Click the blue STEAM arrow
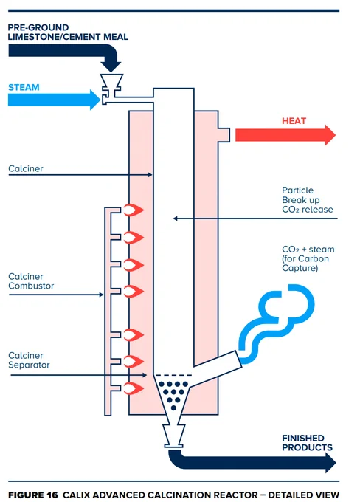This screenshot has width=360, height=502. point(54,100)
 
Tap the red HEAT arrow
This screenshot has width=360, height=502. point(285,135)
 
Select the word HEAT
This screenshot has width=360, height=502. point(294,121)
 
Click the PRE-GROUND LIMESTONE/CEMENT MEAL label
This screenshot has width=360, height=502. point(68,32)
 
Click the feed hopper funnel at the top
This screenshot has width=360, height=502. point(111,82)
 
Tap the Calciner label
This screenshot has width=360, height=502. point(26,168)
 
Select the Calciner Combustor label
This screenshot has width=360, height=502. point(31,281)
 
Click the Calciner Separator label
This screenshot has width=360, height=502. point(29,360)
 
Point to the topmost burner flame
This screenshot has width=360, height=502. point(134,210)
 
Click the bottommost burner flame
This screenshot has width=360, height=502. point(134,388)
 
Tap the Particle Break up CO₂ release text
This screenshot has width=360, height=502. point(307,200)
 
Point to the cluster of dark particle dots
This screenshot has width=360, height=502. point(173,395)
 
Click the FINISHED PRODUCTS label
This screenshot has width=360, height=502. point(307,443)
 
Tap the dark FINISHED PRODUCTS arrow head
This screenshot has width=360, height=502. point(330,463)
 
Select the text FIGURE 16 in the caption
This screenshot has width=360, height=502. point(33,495)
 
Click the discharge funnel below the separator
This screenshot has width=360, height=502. point(174,436)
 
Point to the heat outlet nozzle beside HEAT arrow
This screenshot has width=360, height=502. point(224,135)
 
